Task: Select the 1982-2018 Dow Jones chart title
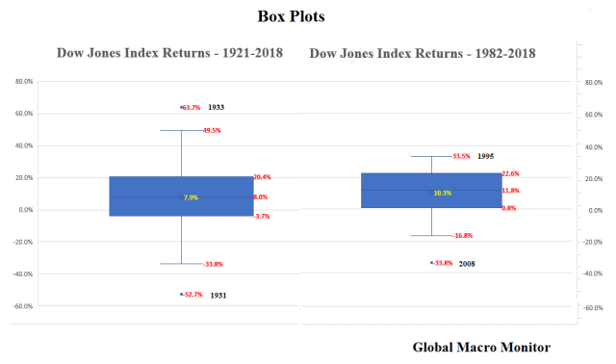424,52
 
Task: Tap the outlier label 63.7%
191,108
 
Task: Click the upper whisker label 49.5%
211,130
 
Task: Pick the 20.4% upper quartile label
262,177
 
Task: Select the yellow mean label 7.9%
191,197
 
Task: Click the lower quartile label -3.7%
261,217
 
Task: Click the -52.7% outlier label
193,296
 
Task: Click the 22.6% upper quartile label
510,174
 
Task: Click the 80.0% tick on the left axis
24,82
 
